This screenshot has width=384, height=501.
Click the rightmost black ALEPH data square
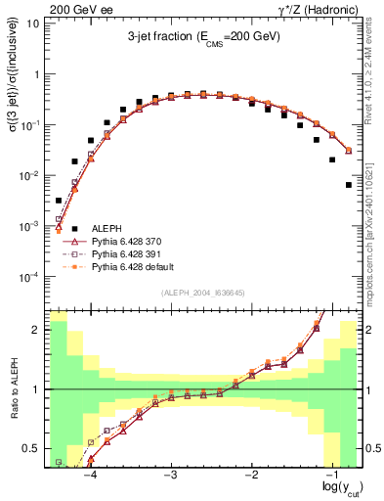348,184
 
